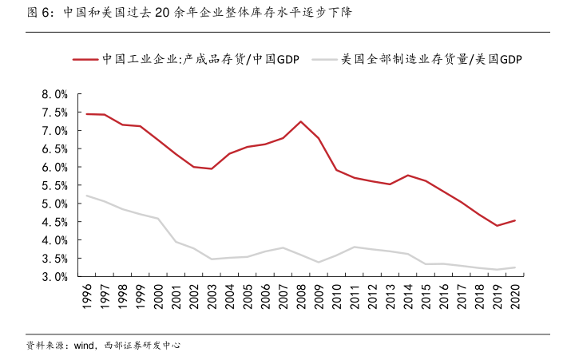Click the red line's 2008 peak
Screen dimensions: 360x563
pyautogui.click(x=300, y=121)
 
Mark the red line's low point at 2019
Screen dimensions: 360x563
pyautogui.click(x=497, y=226)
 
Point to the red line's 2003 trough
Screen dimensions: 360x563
pyautogui.click(x=211, y=169)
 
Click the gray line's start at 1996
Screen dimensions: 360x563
pyautogui.click(x=86, y=196)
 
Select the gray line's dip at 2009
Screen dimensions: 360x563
pyautogui.click(x=319, y=262)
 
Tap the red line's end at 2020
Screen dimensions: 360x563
pyautogui.click(x=515, y=220)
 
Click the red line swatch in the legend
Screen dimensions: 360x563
pyautogui.click(x=85, y=59)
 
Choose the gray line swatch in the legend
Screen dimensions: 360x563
pyautogui.click(x=324, y=59)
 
